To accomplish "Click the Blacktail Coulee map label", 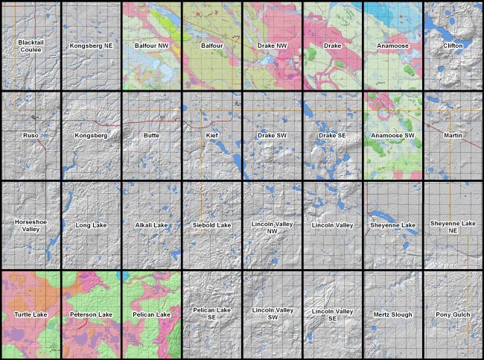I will click(31, 46).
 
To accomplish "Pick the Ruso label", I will click(31, 136).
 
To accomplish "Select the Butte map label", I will click(151, 136).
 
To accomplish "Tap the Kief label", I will click(211, 136).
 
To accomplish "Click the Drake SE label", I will click(332, 136).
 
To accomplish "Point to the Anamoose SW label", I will click(392, 136).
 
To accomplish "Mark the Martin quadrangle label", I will click(453, 136).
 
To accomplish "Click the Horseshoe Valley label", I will click(31, 225).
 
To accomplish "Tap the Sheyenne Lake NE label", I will click(453, 225).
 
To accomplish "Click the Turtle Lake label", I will click(31, 315).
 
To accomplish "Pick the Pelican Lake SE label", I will click(211, 315).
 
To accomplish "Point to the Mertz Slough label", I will click(392, 315).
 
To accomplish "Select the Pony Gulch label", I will click(453, 315).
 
